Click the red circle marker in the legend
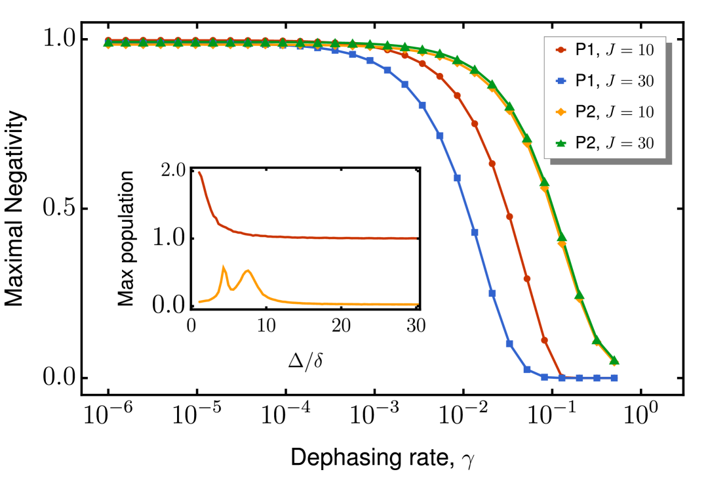point(560,50)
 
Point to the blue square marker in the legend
point(560,81)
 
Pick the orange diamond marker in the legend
point(560,112)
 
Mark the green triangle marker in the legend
point(560,142)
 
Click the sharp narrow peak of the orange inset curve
point(224,267)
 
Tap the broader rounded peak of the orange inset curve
point(248,271)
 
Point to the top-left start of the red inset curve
point(199,172)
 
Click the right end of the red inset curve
point(416,238)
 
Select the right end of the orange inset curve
point(417,304)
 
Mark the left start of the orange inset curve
point(199,301)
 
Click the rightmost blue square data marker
point(614,378)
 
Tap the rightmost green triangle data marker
point(614,360)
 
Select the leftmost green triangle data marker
point(108,43)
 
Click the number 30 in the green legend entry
point(646,144)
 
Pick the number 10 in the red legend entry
point(646,50)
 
